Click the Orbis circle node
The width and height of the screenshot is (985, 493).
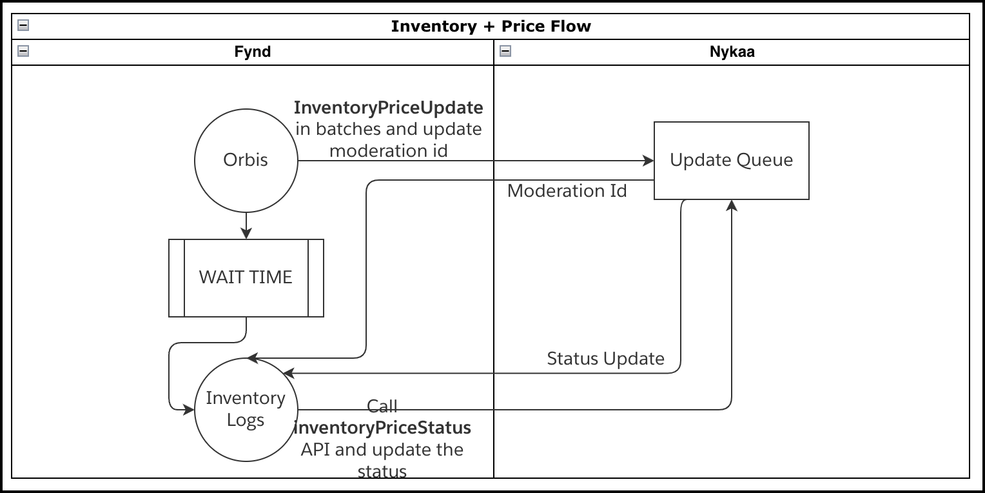pos(246,160)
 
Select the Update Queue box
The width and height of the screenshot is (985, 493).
pos(731,160)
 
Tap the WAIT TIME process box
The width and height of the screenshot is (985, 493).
pos(246,277)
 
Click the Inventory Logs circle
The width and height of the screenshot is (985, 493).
pos(246,409)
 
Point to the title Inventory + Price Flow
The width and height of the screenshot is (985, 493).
pos(491,26)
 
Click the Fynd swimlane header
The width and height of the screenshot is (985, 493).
pos(252,52)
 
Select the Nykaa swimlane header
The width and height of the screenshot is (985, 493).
pos(732,52)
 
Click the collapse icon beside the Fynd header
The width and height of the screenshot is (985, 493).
pos(23,51)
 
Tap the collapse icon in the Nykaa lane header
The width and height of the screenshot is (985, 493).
pos(505,51)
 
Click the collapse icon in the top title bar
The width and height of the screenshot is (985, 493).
pos(23,26)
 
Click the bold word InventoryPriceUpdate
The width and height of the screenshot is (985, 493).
pos(388,107)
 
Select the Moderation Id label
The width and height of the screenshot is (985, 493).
pos(567,191)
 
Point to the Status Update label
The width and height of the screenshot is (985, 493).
pos(605,359)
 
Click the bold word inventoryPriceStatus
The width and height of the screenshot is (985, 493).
pos(382,428)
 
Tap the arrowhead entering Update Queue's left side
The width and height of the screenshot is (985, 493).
pos(649,160)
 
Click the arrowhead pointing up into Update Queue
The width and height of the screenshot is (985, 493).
pos(732,205)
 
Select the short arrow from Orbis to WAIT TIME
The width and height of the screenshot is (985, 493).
pos(246,226)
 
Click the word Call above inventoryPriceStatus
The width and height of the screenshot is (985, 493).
pos(382,406)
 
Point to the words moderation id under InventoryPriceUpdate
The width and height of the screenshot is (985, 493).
pos(388,151)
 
